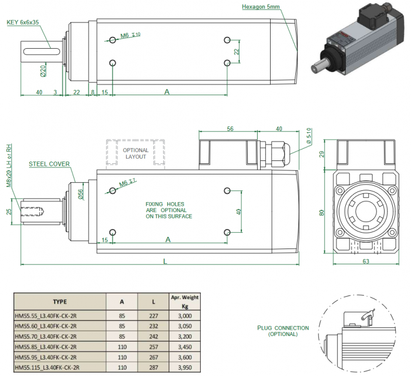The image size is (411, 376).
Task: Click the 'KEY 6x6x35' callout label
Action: [x=24, y=23]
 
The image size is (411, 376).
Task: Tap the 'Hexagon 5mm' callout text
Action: [x=262, y=7]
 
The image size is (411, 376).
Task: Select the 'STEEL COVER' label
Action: [x=49, y=164]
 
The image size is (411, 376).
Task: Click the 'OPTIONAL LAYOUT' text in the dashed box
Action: [x=136, y=153]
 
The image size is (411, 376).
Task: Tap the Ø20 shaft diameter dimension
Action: [x=43, y=71]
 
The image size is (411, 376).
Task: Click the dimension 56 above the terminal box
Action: [x=230, y=129]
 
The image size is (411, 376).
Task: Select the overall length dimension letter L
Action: [x=165, y=261]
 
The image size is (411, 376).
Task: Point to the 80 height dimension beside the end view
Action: [x=322, y=213]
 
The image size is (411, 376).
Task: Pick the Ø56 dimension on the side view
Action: [x=82, y=193]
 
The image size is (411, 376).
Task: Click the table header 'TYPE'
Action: [x=59, y=301]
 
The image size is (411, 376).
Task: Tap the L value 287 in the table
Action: [x=153, y=367]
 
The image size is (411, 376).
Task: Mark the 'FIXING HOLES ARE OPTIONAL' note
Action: [x=169, y=210]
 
